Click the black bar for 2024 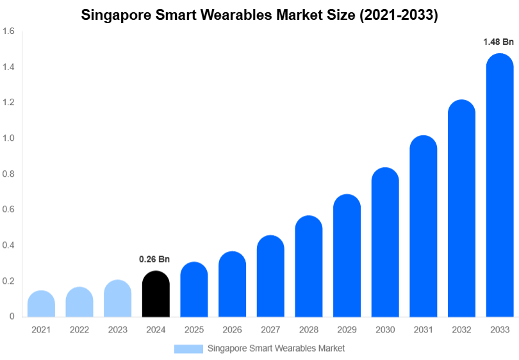point(156,295)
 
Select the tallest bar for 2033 point(500,186)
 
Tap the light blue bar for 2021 point(41,304)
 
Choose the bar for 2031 point(424,227)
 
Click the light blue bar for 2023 point(117,299)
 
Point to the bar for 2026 point(232,284)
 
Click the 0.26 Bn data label point(154,259)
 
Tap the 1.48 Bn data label point(498,42)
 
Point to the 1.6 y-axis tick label point(8,31)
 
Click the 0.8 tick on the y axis point(8,174)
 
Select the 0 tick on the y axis point(12,316)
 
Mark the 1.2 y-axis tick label point(8,102)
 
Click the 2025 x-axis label point(194,330)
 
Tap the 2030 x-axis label point(385,330)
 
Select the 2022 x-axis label point(79,330)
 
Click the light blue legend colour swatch point(188,348)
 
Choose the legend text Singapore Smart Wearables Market point(276,348)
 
